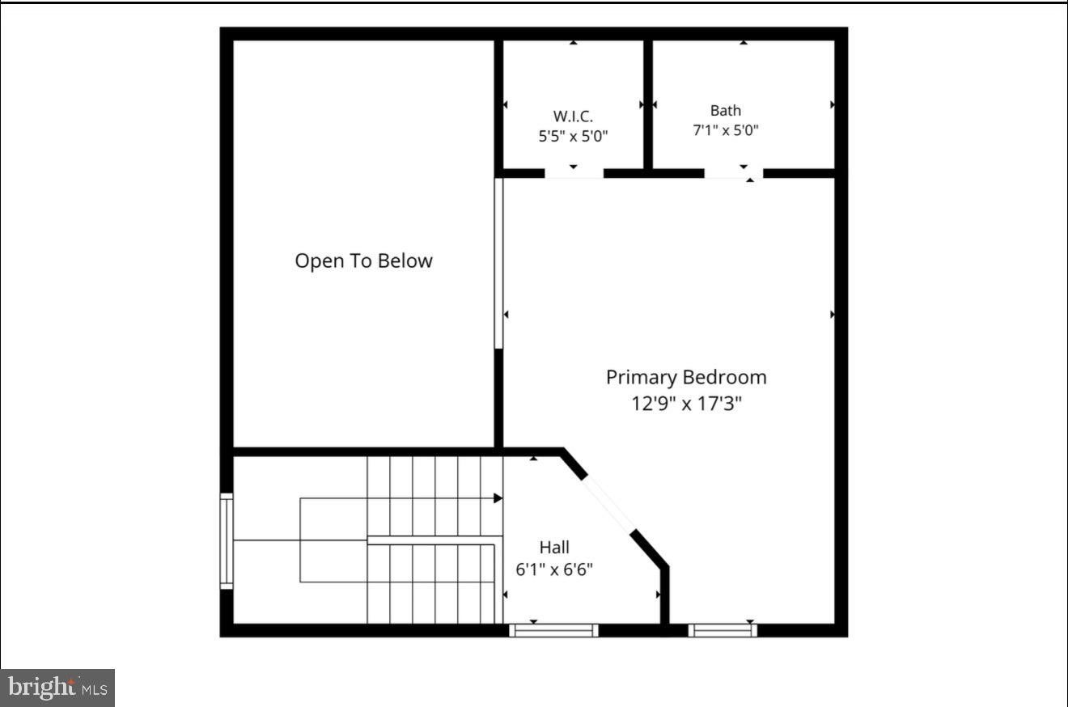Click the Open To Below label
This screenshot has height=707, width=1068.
[x=364, y=260]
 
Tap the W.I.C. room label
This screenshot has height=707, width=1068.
[x=573, y=116]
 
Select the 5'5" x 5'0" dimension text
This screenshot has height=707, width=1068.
[x=573, y=137]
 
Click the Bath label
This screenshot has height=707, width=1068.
[x=726, y=110]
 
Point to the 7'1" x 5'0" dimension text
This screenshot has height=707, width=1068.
[x=726, y=130]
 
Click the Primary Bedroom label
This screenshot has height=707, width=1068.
[x=687, y=377]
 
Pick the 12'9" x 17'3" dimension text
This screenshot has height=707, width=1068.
[x=687, y=404]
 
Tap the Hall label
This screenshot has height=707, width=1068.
[x=554, y=547]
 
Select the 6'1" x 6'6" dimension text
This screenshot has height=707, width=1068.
[x=554, y=569]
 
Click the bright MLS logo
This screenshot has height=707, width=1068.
[x=57, y=688]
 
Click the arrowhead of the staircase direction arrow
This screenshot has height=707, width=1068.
[x=498, y=498]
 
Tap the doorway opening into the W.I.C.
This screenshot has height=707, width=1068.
[x=574, y=174]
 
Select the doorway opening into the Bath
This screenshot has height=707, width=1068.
[x=734, y=174]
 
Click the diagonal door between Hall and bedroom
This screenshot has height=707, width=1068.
[x=609, y=505]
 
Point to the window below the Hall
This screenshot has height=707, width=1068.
[x=553, y=630]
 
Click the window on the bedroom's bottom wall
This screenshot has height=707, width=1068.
[x=723, y=630]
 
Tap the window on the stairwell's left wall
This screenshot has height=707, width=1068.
[x=227, y=541]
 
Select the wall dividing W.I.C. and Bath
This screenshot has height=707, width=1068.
[x=648, y=104]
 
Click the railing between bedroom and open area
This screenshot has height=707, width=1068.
[x=498, y=263]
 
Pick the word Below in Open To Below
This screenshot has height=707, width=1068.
[x=405, y=260]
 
